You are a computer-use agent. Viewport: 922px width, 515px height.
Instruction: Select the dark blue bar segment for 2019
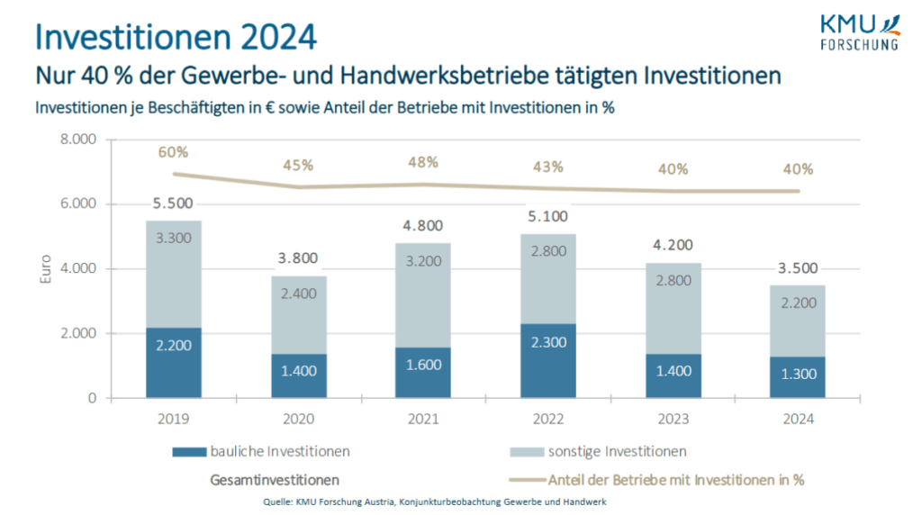174,363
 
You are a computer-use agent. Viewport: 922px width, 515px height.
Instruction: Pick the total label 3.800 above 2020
298,257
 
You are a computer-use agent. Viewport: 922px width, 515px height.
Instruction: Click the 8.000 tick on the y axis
77,140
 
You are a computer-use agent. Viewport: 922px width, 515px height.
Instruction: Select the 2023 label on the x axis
673,419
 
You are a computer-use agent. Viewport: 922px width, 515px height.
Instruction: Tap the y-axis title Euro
47,269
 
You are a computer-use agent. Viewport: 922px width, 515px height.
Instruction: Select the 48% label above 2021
423,162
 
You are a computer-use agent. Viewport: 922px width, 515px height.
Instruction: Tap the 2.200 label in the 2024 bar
798,303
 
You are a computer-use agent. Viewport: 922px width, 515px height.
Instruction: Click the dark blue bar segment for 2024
798,377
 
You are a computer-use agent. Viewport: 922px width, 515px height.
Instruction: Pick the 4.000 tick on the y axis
77,269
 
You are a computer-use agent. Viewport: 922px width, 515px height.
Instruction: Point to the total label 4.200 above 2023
673,243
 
